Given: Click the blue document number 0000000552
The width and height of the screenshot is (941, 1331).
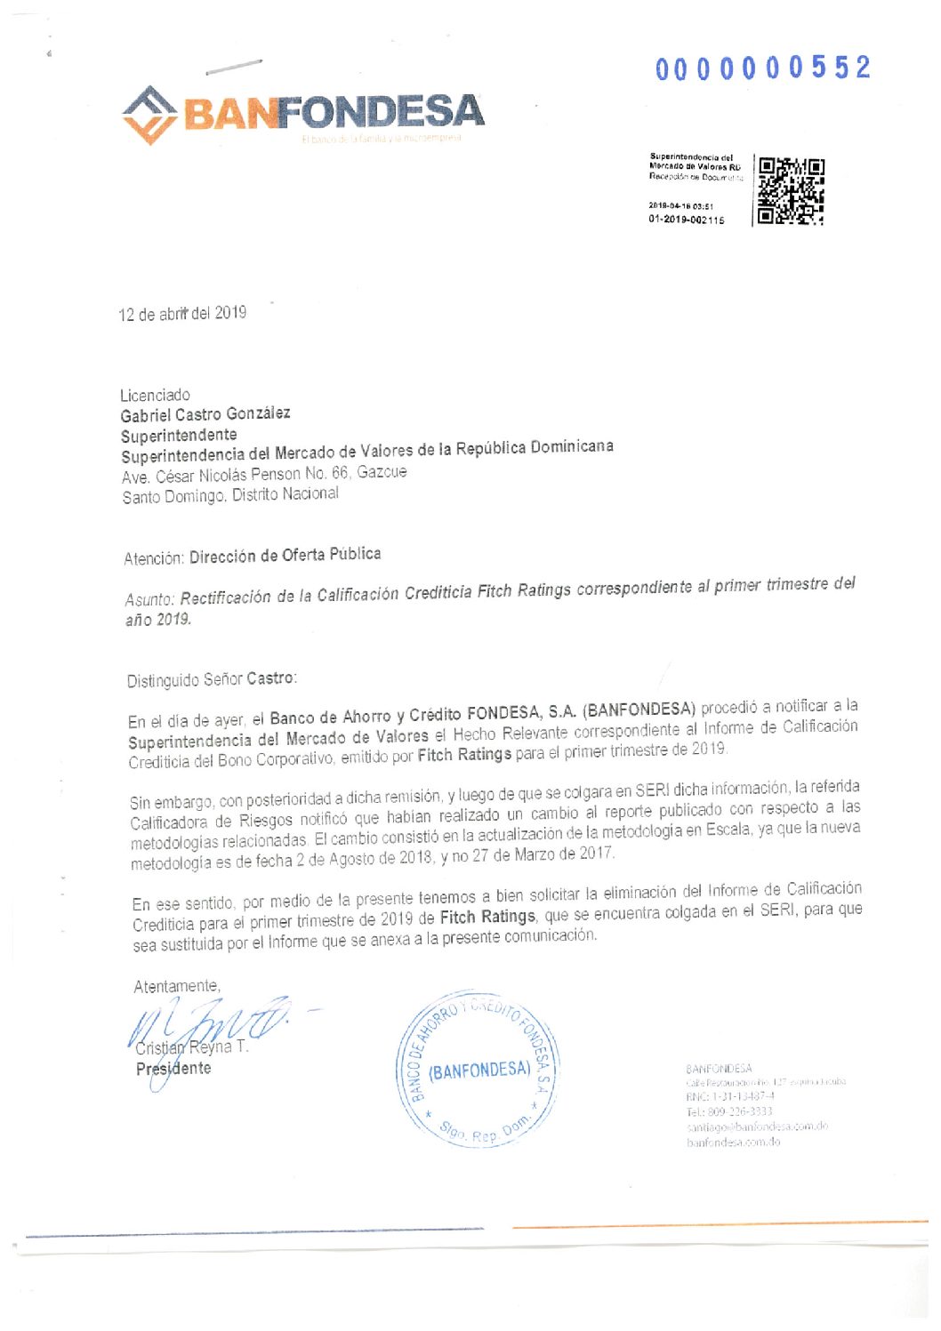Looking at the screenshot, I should coord(763,68).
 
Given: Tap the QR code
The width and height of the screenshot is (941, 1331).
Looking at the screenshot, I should coord(790,191).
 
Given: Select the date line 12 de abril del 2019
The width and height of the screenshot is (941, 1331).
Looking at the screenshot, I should coord(182,313).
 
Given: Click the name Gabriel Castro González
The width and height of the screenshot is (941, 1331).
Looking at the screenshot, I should coord(205,414).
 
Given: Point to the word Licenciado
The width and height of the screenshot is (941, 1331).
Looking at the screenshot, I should coord(155,395).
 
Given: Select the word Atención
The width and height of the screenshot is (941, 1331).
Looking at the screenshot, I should coord(154,558).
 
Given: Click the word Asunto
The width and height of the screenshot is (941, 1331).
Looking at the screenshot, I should coord(149,598).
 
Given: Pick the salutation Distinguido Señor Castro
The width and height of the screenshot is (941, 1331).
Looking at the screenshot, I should coord(212,679).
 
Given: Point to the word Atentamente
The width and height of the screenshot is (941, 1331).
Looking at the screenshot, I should coord(176,986).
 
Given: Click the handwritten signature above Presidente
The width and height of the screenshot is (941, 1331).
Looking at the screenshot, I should coord(209,1022).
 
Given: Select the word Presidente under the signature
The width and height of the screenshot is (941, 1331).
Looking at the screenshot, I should coord(173,1069).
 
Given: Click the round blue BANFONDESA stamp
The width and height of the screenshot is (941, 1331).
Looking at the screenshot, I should coord(478,1070).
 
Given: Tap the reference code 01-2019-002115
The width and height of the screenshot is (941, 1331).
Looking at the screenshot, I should coord(686,220).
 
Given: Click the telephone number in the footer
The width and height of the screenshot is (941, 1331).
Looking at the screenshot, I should coord(728,1111).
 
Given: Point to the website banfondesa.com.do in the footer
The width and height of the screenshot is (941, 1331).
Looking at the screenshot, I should coord(733,1143).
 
